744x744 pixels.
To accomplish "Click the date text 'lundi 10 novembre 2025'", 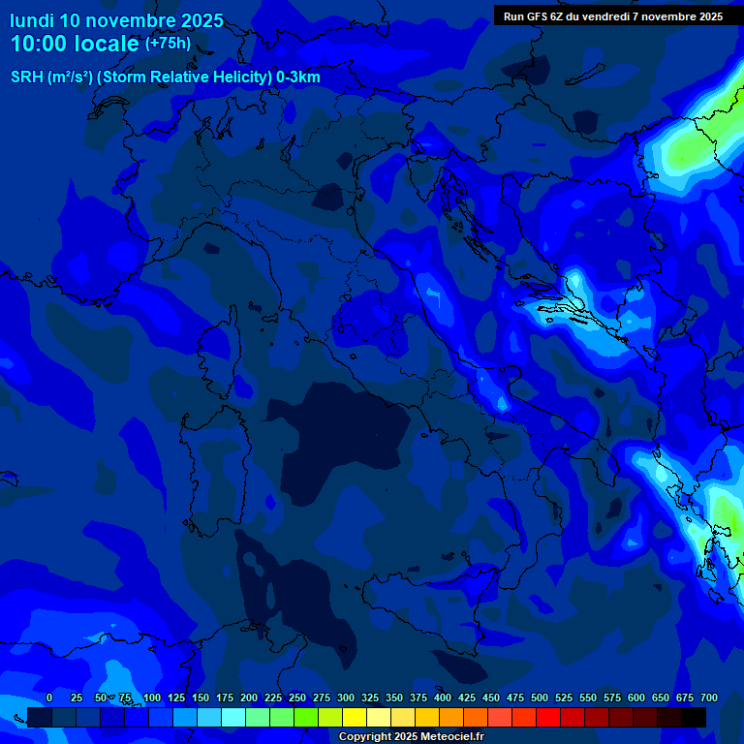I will [x=116, y=20].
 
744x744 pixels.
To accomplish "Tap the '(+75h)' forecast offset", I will [x=168, y=43].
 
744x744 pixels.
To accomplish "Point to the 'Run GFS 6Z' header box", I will [x=613, y=15].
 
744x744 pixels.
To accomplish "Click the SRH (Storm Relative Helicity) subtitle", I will [x=166, y=77].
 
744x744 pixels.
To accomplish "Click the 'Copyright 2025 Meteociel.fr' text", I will [x=411, y=737].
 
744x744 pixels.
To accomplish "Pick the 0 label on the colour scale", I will [x=49, y=697].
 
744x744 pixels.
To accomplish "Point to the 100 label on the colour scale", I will [x=152, y=697].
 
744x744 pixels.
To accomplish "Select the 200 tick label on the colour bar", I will [x=249, y=697].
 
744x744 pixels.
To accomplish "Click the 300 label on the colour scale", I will [x=346, y=697].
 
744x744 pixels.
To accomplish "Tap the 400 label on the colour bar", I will [x=443, y=697].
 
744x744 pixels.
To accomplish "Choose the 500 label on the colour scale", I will [x=540, y=697].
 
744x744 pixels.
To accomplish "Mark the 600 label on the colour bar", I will [x=636, y=697].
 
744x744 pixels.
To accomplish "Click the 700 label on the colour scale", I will [x=709, y=697].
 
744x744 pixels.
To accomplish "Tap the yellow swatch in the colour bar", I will [x=355, y=717].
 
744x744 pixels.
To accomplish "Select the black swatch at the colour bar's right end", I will [x=694, y=717].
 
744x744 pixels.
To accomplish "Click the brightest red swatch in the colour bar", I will [x=548, y=717].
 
